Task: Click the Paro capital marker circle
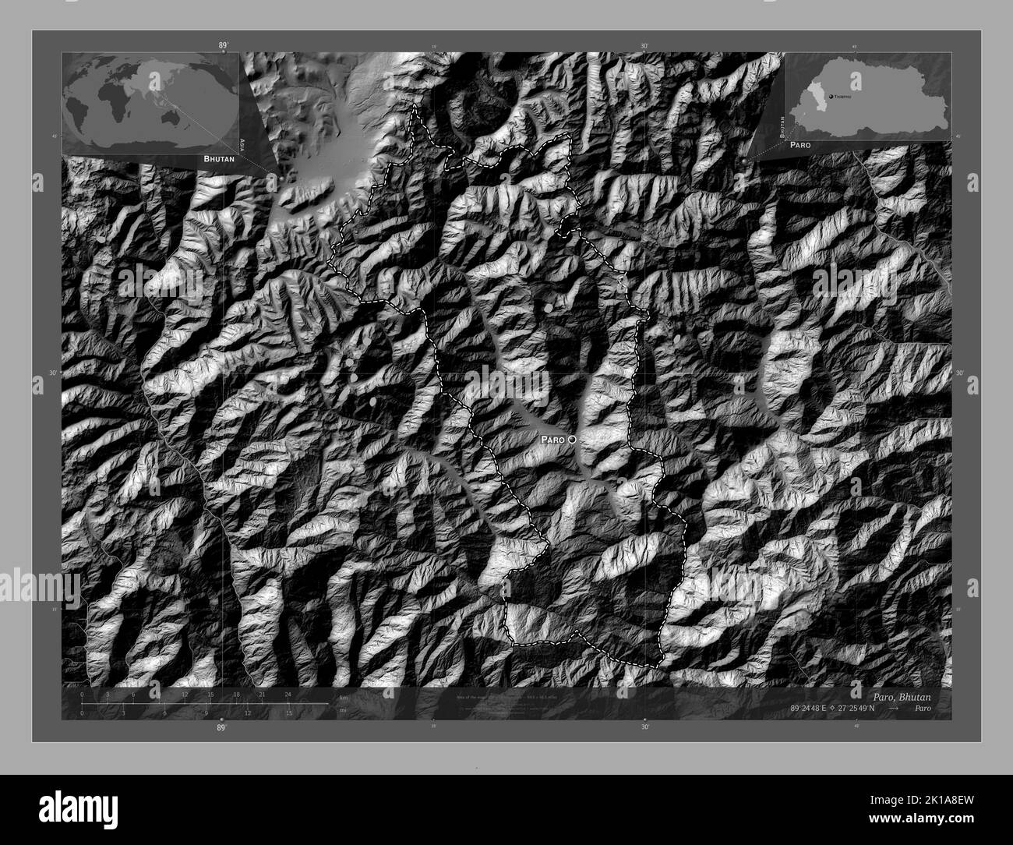(x=573, y=440)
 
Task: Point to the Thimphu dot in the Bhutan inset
(x=831, y=94)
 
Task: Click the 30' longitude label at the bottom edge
(x=645, y=727)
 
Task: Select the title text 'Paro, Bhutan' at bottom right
(x=896, y=695)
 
